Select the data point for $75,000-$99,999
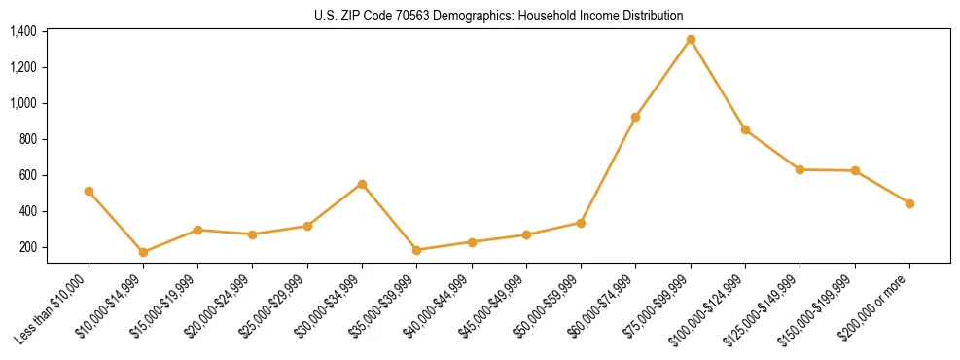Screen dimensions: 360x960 (691, 39)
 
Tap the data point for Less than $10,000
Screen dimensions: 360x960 (89, 191)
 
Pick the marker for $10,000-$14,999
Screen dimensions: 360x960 (143, 252)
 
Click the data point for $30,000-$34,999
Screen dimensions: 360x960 (362, 184)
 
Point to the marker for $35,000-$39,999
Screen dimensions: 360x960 (416, 250)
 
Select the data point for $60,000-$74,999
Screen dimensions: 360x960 (635, 117)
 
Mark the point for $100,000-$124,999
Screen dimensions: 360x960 (745, 129)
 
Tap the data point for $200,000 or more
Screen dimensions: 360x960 (909, 203)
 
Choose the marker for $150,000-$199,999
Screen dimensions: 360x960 (855, 170)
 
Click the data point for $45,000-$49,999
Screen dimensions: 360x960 (526, 234)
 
